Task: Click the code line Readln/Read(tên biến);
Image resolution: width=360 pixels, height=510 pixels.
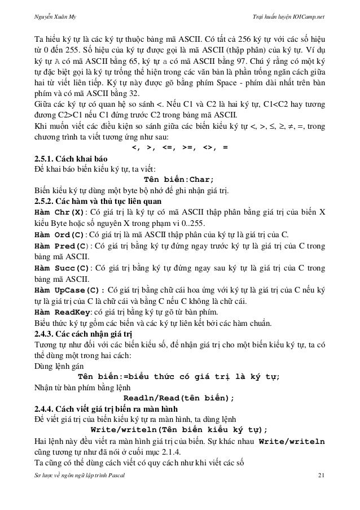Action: [179, 398]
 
